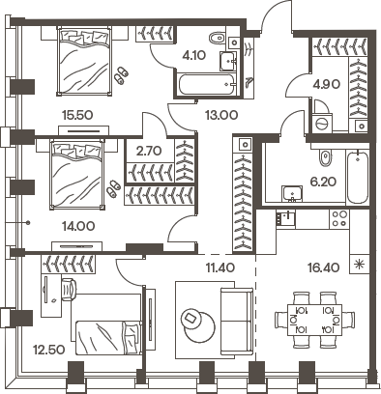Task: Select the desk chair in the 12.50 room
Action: (71, 289)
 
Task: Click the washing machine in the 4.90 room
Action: (323, 125)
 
